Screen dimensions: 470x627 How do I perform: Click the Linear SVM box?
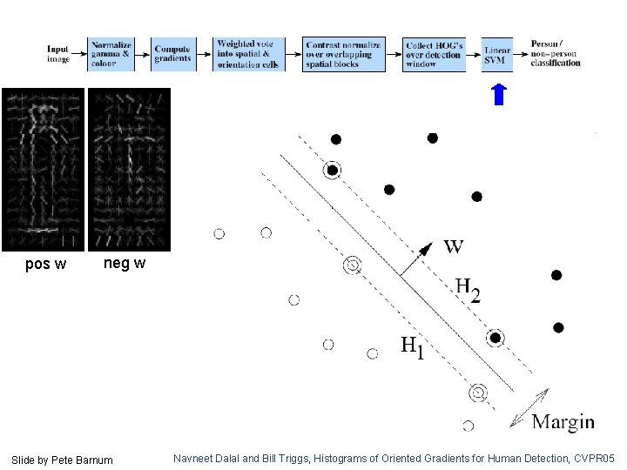(x=497, y=55)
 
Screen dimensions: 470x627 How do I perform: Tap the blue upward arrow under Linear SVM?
(x=498, y=94)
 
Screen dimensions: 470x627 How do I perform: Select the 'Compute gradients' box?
(x=172, y=55)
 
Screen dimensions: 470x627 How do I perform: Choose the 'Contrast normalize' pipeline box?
(x=343, y=55)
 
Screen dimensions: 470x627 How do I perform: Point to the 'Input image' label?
(x=58, y=54)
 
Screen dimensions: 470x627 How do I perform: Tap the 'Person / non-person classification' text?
(x=555, y=53)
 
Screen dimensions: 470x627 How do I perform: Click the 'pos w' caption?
(x=45, y=265)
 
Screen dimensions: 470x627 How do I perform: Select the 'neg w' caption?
(x=125, y=263)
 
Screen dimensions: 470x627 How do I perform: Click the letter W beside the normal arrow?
(x=453, y=246)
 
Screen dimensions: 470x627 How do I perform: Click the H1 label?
(x=412, y=348)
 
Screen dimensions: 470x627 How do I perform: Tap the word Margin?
(x=563, y=422)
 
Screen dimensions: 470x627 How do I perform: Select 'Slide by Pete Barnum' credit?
(x=62, y=459)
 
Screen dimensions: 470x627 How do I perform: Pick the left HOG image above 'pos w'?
(x=43, y=170)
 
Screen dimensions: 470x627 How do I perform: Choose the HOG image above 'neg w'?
(x=128, y=170)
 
